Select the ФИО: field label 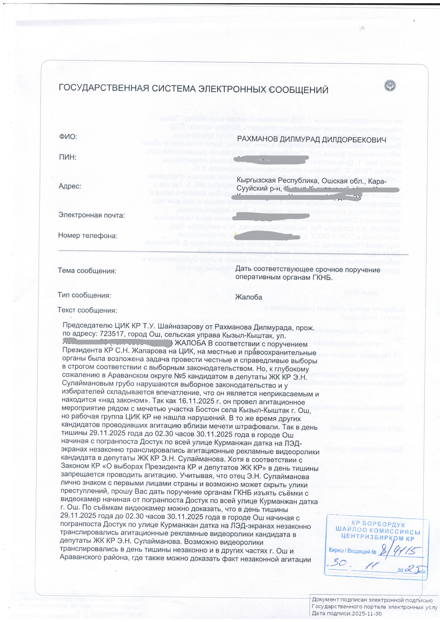point(68,137)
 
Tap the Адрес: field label point(70,186)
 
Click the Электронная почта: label point(92,215)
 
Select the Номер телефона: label point(88,236)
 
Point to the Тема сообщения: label point(87,271)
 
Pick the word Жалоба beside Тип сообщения point(249,297)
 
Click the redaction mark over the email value point(273,216)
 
